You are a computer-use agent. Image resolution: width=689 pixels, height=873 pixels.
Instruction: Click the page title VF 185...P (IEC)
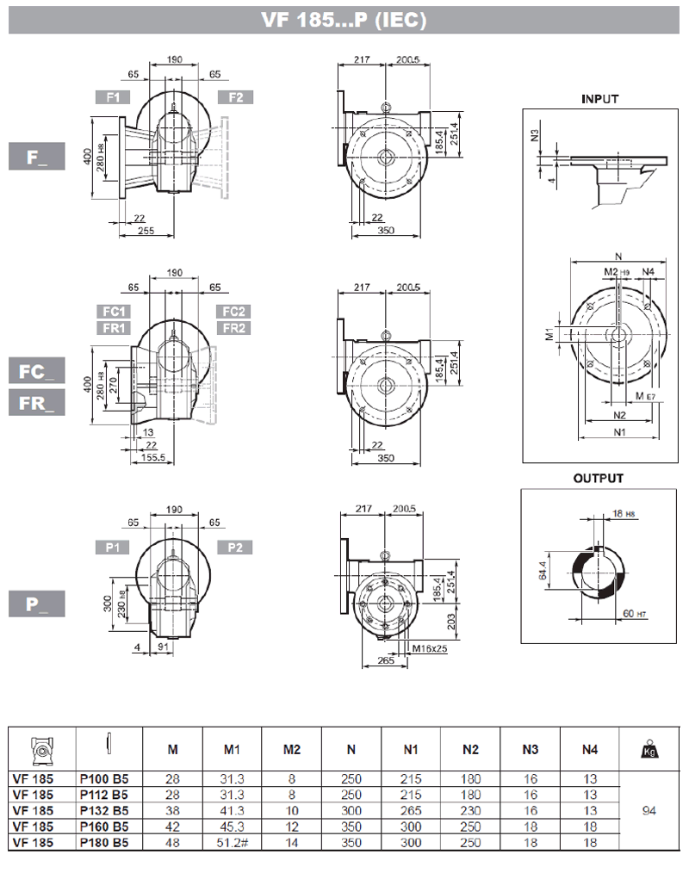344,21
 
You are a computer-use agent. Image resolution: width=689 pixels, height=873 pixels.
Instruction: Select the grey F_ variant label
37,158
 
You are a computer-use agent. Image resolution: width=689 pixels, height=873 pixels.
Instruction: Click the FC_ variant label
37,372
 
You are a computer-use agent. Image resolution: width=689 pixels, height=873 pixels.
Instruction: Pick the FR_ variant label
37,402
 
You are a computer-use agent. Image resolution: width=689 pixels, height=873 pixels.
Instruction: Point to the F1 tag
113,97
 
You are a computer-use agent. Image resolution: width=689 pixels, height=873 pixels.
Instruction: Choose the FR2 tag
235,328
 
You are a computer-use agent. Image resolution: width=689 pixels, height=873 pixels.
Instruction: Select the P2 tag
235,547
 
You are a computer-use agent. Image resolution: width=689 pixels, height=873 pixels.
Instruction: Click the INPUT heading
599,99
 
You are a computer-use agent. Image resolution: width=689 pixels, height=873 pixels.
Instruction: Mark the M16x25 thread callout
429,647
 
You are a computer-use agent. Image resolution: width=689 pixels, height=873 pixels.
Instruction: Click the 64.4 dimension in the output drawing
542,568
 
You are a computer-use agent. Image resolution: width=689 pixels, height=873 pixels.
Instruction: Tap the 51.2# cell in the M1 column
232,843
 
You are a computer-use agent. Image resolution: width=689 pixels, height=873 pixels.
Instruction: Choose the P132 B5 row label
104,810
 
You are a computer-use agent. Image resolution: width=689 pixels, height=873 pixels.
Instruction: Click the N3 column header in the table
530,749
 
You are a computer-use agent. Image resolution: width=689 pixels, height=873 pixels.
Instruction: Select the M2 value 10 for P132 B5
291,810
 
